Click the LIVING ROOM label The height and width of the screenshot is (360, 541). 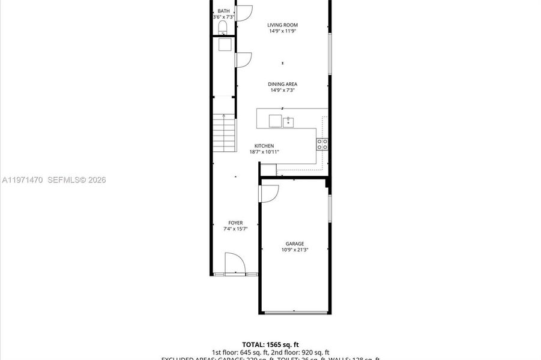[x=282, y=25]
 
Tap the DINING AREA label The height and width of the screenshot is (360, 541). [x=282, y=84]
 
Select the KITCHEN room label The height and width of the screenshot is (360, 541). [x=264, y=146]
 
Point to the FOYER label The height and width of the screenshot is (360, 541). [x=235, y=223]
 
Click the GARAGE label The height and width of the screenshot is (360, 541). [x=294, y=244]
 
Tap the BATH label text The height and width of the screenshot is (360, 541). [x=223, y=11]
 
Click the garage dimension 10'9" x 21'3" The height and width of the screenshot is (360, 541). [x=294, y=250]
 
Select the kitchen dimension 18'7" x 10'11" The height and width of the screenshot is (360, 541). [x=264, y=152]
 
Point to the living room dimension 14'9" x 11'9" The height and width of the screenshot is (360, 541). [x=282, y=31]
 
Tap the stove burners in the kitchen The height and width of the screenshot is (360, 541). [x=322, y=143]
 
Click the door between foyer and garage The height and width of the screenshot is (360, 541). [x=268, y=193]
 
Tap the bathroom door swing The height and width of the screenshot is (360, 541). [x=243, y=13]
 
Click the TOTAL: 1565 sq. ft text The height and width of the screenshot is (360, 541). [x=270, y=344]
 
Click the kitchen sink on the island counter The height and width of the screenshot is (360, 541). [x=288, y=122]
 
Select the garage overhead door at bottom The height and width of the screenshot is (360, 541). [x=294, y=312]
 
